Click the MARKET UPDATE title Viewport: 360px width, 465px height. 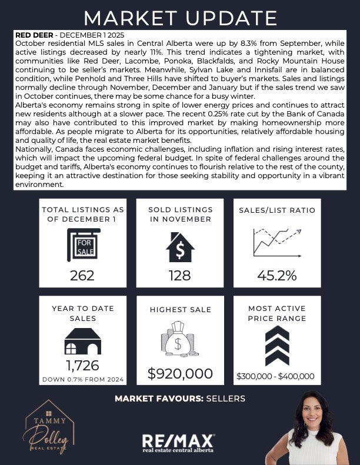coord(179,18)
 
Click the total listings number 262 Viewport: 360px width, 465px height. coord(82,275)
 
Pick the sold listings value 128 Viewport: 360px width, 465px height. coord(180,275)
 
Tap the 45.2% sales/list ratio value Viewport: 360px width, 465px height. coord(276,275)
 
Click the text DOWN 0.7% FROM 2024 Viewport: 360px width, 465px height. coord(82,379)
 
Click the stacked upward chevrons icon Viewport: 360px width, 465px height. coord(276,346)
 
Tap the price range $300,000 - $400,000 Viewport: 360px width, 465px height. coord(276,376)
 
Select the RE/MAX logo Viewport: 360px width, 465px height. coord(179,441)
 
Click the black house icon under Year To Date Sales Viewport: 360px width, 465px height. coord(82,341)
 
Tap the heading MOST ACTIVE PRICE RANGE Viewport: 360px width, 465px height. coord(276,313)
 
